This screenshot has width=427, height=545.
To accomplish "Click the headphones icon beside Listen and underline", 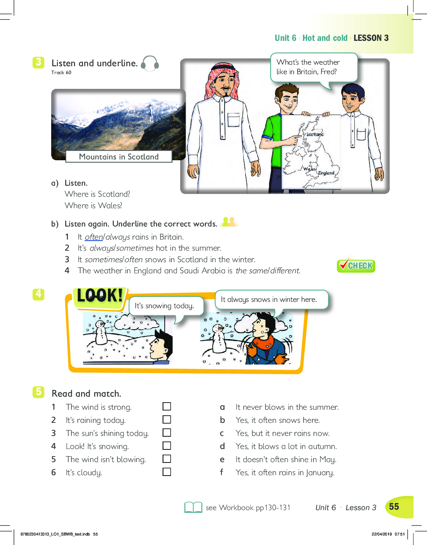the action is tap(150, 63).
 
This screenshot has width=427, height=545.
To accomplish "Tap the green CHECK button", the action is tap(356, 265).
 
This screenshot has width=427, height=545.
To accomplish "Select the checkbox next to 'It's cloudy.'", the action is tap(167, 472).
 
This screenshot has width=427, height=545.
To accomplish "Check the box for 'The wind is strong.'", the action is tap(167, 406).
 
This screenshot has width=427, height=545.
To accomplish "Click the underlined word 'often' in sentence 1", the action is tap(94, 237).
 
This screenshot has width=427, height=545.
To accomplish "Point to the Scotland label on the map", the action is tap(315, 134).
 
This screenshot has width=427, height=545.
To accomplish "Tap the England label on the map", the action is tap(326, 173).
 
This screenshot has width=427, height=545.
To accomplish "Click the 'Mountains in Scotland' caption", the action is tap(119, 157).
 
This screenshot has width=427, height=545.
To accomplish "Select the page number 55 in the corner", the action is tap(394, 507).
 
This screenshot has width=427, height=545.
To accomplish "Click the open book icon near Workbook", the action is tap(193, 507).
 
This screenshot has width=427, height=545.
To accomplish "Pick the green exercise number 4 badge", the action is tap(38, 294).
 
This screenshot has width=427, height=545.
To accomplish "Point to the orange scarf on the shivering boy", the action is tap(263, 342).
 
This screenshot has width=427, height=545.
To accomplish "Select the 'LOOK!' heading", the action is tap(100, 296).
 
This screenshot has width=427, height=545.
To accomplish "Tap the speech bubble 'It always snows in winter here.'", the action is tap(272, 300).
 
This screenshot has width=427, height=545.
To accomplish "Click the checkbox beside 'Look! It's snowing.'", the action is tap(167, 446).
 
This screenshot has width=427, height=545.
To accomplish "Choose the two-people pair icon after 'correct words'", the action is tap(229, 222).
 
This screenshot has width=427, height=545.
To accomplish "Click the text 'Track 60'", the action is tap(61, 73).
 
